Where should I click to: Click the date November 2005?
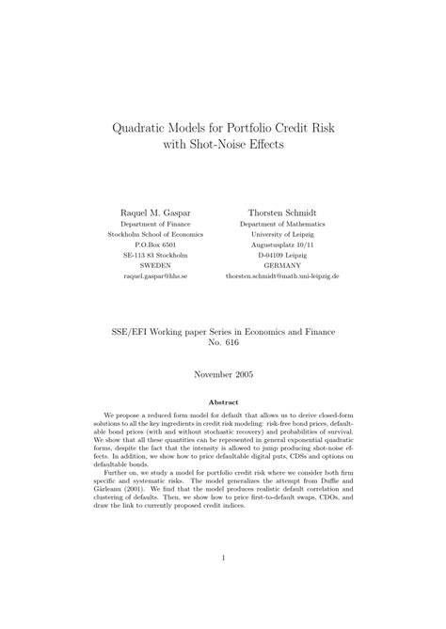click(223, 373)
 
